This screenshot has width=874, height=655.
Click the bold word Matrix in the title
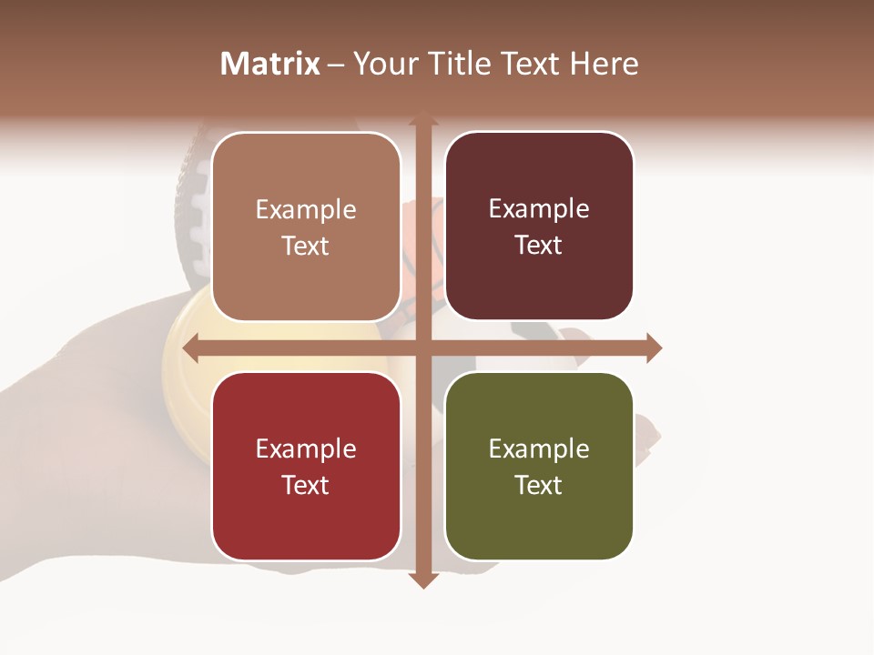tap(270, 64)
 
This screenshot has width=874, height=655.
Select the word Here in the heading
tap(604, 64)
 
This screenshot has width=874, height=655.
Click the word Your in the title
tap(382, 64)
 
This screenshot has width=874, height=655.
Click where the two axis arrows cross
tap(422, 348)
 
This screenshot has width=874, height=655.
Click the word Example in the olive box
tap(539, 448)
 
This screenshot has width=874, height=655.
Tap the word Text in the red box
tap(306, 485)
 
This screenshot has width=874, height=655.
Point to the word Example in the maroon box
tap(539, 208)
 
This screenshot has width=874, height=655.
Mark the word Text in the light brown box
tap(306, 246)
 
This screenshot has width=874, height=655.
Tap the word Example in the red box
tap(306, 448)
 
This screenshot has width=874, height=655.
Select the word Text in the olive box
tap(539, 485)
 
